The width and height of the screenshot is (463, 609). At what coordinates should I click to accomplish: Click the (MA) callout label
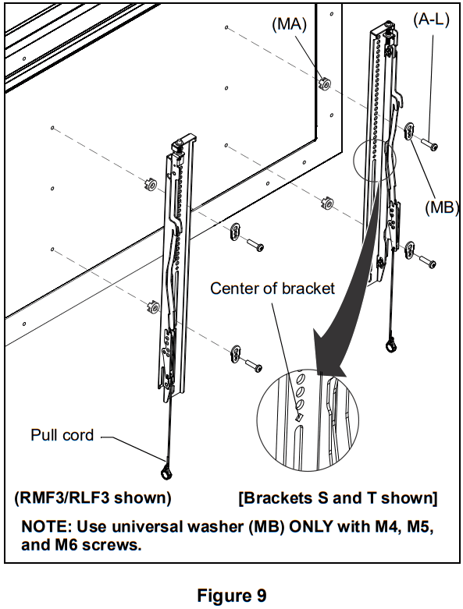click(x=289, y=24)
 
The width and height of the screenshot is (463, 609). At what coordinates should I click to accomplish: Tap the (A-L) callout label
click(x=430, y=20)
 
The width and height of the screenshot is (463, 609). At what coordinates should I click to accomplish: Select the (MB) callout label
click(x=440, y=208)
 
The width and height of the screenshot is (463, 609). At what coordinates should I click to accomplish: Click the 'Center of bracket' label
click(x=272, y=289)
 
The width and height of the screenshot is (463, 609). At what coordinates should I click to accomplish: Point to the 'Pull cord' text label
click(x=62, y=435)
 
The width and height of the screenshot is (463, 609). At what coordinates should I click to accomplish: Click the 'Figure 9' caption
click(x=231, y=597)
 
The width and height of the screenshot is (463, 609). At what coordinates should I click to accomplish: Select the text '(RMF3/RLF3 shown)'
click(x=93, y=497)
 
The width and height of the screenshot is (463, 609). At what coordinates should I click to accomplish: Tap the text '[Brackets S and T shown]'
click(x=337, y=497)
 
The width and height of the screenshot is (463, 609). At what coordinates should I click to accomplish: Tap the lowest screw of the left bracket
click(x=253, y=363)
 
